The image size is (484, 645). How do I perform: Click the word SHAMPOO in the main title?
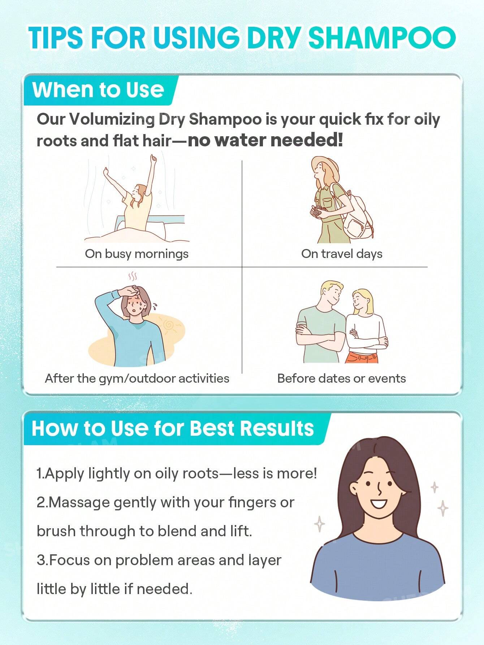coord(382,38)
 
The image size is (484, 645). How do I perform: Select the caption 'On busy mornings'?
coord(137,254)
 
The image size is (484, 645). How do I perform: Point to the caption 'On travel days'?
coord(342,254)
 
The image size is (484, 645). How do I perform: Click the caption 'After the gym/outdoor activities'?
coord(137,378)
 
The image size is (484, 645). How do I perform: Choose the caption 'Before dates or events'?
coord(341,378)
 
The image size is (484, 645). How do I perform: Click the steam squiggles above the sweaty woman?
coord(133,277)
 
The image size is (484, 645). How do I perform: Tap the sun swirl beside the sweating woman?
coord(168,325)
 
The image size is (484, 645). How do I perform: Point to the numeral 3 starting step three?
coord(40,560)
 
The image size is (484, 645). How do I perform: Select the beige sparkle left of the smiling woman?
coord(319,524)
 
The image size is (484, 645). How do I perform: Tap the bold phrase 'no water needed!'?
coord(265,141)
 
